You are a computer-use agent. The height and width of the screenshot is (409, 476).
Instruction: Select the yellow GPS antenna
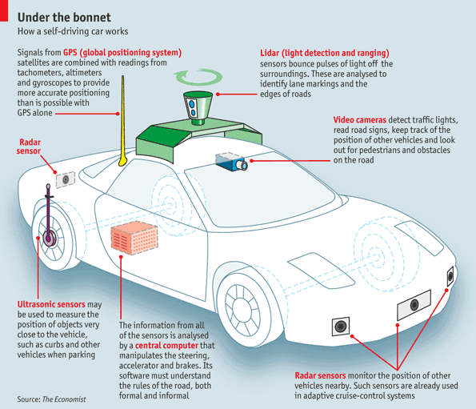122,120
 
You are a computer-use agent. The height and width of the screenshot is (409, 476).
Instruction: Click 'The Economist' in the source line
65,398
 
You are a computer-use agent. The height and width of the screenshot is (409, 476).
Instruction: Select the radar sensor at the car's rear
63,178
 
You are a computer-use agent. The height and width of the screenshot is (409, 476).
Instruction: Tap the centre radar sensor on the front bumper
414,305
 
